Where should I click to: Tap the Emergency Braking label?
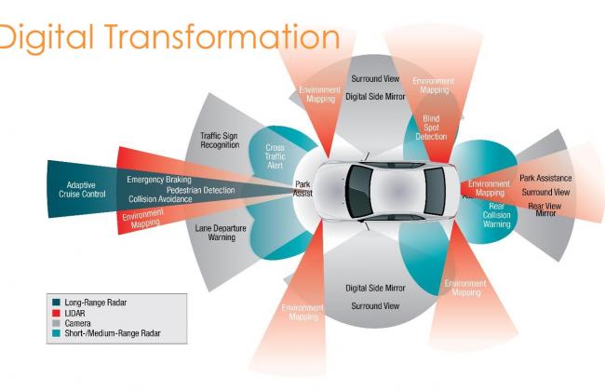(x=159, y=179)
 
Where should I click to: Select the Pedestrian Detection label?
(x=201, y=190)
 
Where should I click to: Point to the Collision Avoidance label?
(x=161, y=199)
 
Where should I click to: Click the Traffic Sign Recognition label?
(x=221, y=142)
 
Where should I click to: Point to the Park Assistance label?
(x=545, y=178)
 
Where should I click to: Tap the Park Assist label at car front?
(x=302, y=190)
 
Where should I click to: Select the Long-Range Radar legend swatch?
(x=55, y=301)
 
